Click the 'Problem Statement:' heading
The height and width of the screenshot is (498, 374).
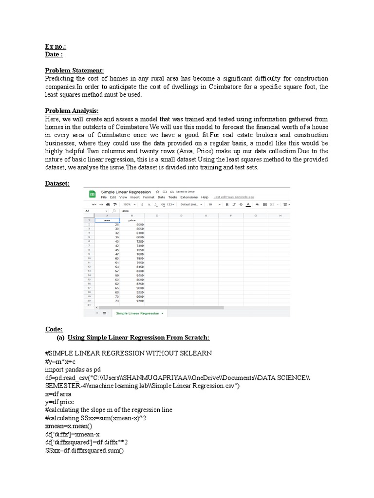click(x=75, y=71)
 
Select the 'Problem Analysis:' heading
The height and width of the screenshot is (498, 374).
click(x=72, y=111)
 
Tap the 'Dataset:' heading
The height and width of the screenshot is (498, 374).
click(x=57, y=183)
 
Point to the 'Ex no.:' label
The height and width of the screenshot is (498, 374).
click(x=55, y=47)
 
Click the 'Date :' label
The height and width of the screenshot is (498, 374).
click(x=54, y=54)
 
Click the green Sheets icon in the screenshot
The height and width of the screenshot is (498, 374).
click(x=92, y=194)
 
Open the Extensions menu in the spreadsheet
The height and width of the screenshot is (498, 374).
click(x=189, y=197)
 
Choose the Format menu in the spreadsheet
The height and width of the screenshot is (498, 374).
click(x=149, y=197)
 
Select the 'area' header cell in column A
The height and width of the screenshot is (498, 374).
click(x=107, y=220)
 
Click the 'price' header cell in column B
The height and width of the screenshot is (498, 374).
click(x=131, y=220)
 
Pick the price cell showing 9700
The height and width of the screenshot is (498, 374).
click(x=140, y=302)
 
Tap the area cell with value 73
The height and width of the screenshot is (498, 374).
click(x=117, y=302)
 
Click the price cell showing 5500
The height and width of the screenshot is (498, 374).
click(x=140, y=225)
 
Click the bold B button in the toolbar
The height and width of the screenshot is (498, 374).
click(x=227, y=205)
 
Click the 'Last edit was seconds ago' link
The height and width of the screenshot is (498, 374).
click(x=234, y=197)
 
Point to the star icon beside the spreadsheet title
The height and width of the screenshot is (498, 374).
click(x=157, y=192)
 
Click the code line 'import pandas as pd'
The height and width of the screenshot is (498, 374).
click(x=72, y=370)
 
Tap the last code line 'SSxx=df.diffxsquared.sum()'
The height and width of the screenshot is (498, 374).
click(x=84, y=451)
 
